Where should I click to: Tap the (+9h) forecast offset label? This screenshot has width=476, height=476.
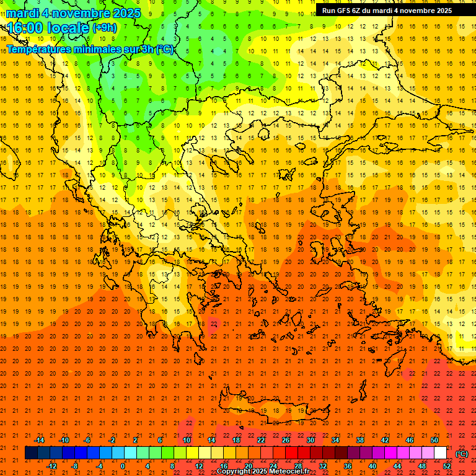tap(104, 27)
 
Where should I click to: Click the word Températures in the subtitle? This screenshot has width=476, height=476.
tap(41, 49)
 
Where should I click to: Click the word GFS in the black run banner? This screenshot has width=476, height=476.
tap(345, 11)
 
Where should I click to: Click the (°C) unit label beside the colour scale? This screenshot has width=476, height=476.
tap(462, 454)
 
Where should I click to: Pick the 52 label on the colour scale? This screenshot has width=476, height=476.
tap(447, 466)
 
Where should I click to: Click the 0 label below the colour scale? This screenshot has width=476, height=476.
tap(123, 466)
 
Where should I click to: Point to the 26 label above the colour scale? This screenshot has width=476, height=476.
tap(286, 440)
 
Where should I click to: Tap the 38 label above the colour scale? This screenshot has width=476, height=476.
tap(360, 440)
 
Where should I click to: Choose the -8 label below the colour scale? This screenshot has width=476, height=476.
tap(75, 466)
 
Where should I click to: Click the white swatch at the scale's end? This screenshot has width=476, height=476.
tap(440, 453)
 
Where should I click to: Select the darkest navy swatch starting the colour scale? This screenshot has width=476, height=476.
tap(31, 453)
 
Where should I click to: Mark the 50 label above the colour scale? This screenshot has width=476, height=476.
tap(434, 440)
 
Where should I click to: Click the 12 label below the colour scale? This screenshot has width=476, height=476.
tap(199, 466)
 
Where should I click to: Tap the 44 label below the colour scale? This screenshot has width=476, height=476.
tap(397, 466)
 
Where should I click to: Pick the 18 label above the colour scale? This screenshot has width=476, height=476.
tap(236, 440)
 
